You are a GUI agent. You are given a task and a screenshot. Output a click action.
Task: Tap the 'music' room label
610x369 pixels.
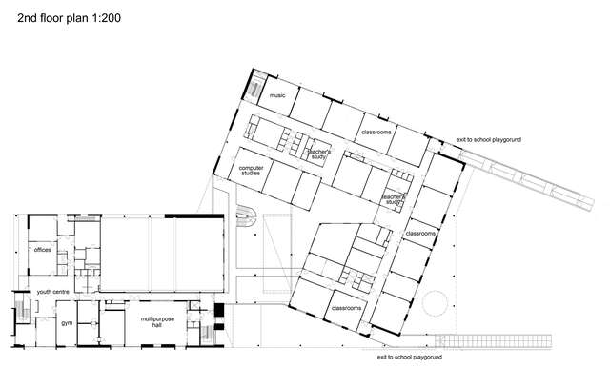pos(277,96)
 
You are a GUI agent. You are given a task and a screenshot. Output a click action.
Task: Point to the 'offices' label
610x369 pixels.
pos(42,250)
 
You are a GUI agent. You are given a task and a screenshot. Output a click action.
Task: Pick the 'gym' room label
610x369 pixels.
pos(67,323)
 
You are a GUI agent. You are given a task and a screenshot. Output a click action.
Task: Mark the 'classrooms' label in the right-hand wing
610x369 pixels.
pos(420,234)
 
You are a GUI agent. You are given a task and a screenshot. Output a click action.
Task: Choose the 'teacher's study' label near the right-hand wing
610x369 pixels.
pos(395,200)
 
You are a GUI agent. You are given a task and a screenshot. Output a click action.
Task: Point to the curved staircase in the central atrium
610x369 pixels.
pos(244,217)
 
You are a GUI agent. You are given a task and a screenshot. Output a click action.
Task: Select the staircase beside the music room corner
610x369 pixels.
pos(255,89)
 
